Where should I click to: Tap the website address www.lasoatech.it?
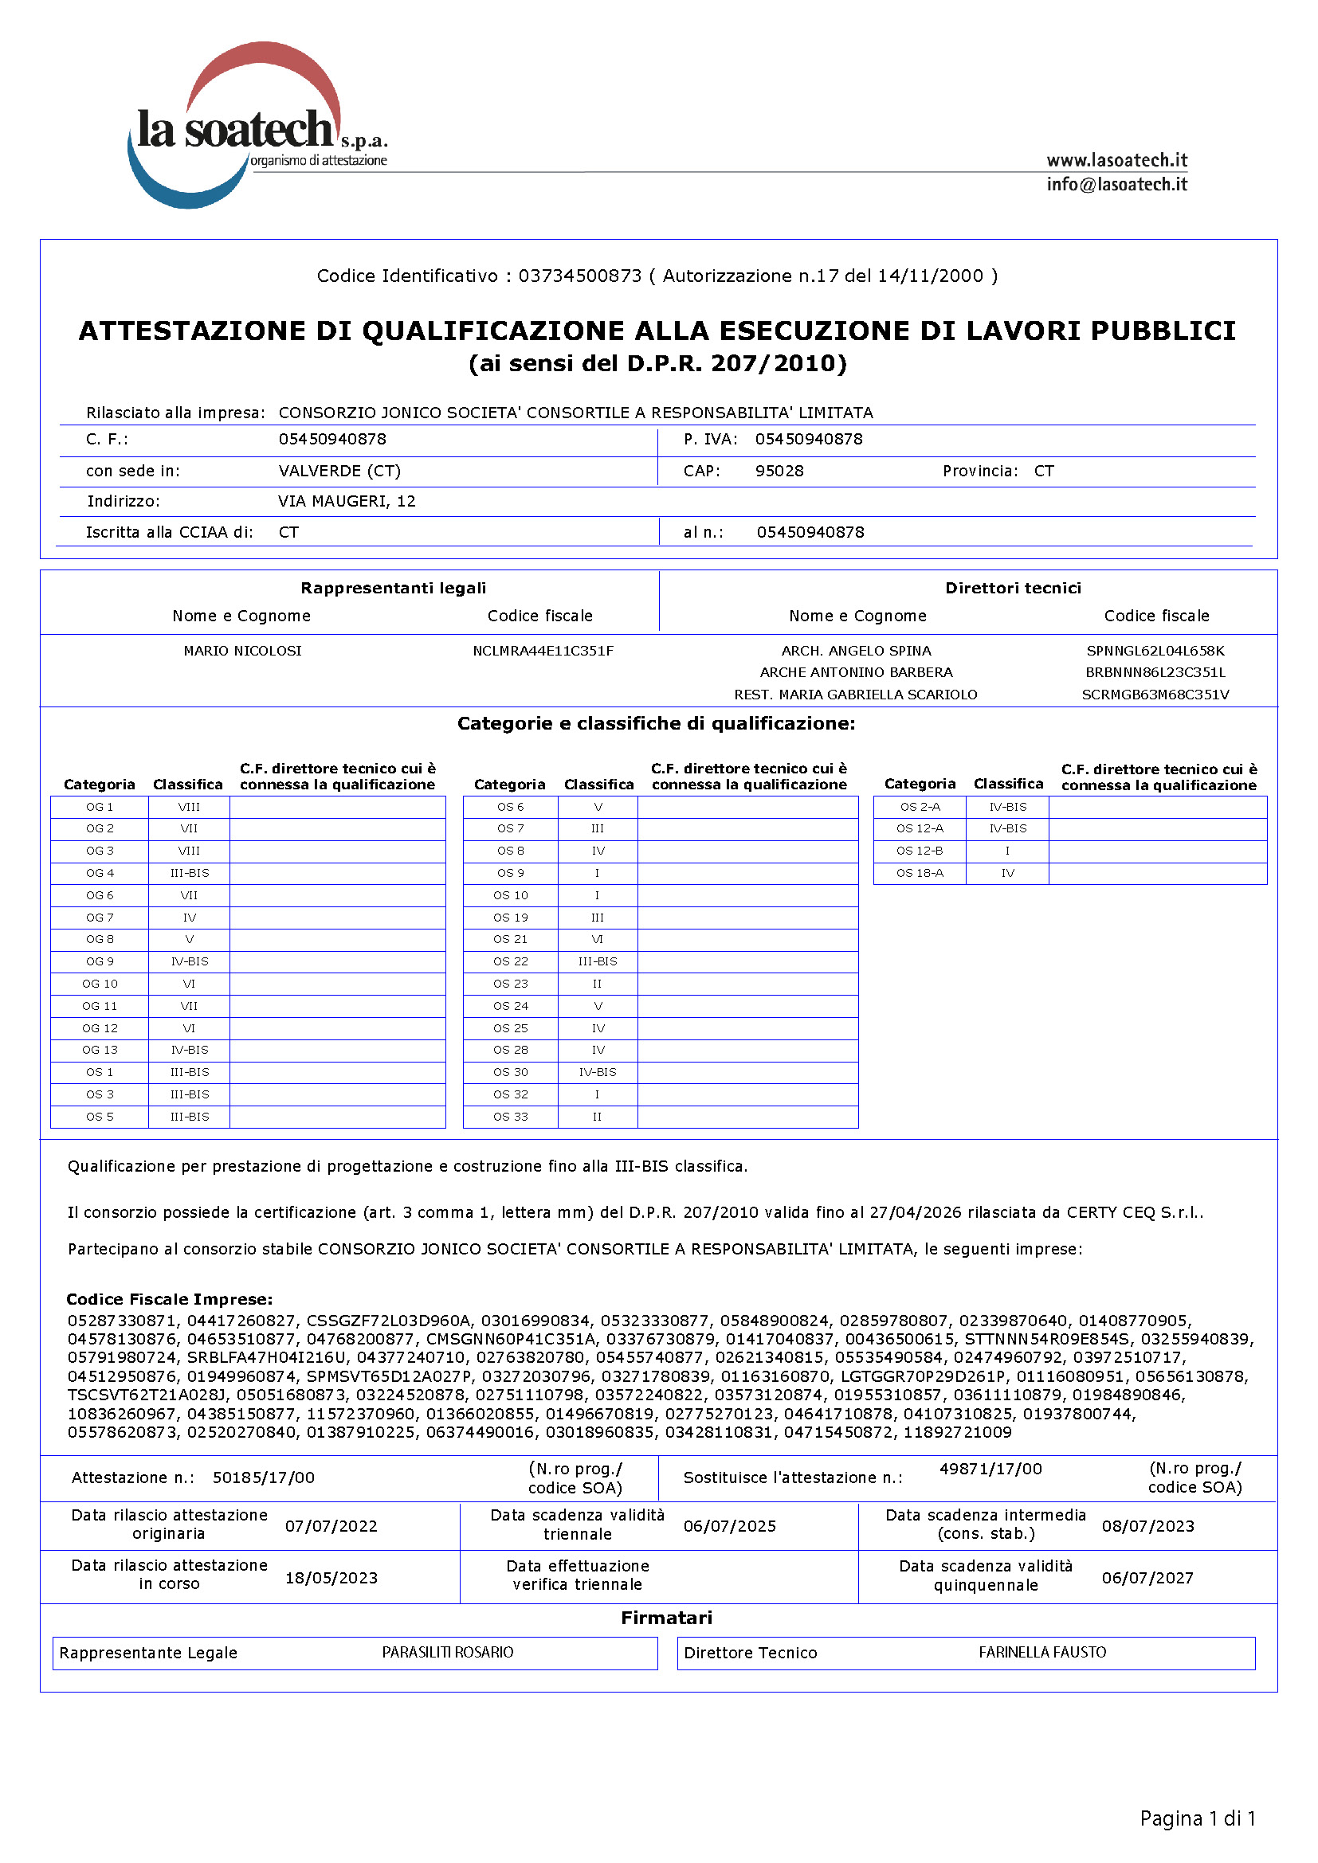(1116, 160)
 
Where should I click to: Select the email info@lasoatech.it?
(1116, 184)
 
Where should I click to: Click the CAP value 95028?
(779, 471)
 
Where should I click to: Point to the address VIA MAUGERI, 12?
(347, 501)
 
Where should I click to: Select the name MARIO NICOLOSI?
(242, 651)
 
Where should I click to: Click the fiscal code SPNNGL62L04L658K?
(1155, 651)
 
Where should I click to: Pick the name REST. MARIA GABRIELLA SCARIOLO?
(855, 695)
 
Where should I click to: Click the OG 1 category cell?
(100, 808)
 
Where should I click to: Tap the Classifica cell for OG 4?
(189, 873)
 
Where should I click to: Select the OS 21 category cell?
(511, 940)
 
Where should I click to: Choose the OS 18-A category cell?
(920, 873)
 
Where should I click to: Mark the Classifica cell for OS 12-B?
(1007, 851)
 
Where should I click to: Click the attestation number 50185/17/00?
(264, 1477)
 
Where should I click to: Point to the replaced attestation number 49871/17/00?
(990, 1469)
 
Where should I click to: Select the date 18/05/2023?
(331, 1577)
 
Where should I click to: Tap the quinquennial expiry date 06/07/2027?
(1147, 1577)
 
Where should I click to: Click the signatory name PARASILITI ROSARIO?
(447, 1652)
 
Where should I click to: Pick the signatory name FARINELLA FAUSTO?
(1042, 1652)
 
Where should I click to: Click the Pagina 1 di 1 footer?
(1197, 1818)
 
